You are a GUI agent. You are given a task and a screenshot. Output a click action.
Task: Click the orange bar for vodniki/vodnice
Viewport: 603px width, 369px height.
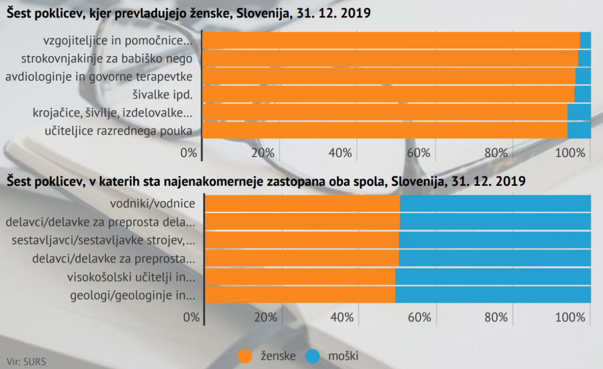click(302, 204)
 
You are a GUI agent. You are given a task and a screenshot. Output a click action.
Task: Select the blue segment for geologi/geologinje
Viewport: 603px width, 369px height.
click(493, 295)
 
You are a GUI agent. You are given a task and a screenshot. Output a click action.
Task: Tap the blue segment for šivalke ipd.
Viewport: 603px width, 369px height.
click(583, 94)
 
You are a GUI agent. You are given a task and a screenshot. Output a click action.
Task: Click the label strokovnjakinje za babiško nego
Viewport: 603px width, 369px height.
click(106, 59)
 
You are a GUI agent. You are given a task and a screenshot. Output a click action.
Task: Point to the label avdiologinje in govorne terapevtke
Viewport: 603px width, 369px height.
click(99, 77)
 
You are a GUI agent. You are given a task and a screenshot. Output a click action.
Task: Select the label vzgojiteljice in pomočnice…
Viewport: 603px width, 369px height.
click(118, 41)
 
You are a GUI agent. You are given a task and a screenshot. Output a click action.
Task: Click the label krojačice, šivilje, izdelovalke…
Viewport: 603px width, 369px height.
click(112, 113)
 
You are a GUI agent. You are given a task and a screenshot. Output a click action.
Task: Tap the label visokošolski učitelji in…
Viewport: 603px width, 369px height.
click(131, 277)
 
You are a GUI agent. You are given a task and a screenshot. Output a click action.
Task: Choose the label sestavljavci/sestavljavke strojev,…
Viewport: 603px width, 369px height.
click(104, 240)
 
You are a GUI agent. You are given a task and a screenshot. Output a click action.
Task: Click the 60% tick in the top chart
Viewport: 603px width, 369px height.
click(418, 153)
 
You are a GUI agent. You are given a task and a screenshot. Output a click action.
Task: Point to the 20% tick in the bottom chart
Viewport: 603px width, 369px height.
click(265, 317)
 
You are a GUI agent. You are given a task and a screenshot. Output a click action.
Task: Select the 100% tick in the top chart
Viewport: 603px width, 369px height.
click(573, 153)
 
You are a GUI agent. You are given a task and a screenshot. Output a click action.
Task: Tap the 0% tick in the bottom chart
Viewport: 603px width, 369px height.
click(192, 317)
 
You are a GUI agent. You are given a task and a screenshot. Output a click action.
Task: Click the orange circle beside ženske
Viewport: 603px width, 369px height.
click(246, 356)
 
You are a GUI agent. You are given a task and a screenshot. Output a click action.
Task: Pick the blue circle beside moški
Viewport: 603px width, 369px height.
click(313, 356)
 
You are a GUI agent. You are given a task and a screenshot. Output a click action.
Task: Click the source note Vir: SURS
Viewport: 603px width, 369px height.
click(26, 362)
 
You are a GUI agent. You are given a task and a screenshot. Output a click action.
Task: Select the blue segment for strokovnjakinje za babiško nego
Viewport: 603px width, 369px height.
click(584, 58)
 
